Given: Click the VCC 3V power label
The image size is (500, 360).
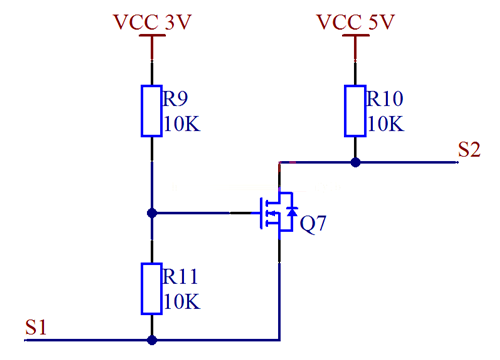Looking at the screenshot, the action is click(x=152, y=22).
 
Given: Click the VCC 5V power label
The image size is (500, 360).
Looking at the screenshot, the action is click(x=355, y=22).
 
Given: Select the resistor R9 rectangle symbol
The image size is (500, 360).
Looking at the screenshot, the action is click(x=152, y=111).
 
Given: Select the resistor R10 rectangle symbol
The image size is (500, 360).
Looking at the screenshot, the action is click(x=355, y=111).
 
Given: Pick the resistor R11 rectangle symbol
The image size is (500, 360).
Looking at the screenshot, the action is click(x=152, y=289).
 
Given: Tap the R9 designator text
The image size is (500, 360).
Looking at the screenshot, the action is click(x=175, y=99).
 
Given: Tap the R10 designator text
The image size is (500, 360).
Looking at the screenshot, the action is click(x=385, y=99).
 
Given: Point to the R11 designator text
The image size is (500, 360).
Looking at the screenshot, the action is click(x=180, y=277).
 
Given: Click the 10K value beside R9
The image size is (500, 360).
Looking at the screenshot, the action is click(x=182, y=124).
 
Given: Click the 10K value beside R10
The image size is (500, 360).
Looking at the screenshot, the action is click(x=386, y=124).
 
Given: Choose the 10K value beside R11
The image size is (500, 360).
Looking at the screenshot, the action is click(x=182, y=302).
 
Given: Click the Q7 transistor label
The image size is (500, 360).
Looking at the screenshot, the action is click(x=313, y=224).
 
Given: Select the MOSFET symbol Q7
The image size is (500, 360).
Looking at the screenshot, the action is click(x=277, y=213).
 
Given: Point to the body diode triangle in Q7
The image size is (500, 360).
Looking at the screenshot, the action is click(x=292, y=212).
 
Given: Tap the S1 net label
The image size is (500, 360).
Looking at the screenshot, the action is click(x=36, y=327).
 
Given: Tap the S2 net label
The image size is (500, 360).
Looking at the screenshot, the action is click(x=469, y=149).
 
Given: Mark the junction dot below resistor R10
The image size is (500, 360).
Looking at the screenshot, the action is click(x=355, y=163).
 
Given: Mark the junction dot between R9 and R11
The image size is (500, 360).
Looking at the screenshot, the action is click(x=152, y=213).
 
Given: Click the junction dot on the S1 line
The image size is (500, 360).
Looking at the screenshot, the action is click(x=152, y=340).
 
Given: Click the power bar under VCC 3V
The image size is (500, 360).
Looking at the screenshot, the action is click(x=152, y=35).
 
